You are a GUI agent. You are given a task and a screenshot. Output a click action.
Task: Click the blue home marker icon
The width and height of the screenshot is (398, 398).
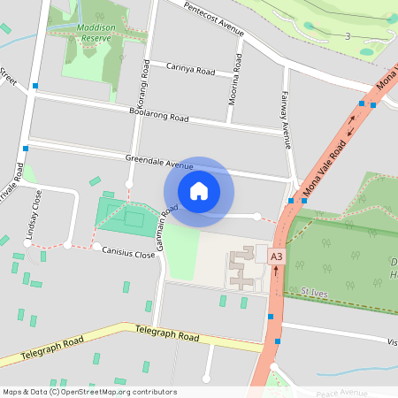click(199, 191)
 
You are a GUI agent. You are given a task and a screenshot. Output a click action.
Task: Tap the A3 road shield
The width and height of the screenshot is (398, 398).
click(277, 256)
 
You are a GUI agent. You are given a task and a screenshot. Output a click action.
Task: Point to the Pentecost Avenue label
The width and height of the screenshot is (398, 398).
click(213, 19)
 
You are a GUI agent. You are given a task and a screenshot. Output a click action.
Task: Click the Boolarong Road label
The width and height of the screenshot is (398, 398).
click(158, 116)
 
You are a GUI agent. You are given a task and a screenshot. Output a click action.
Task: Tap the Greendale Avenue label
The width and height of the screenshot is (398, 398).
click(158, 165)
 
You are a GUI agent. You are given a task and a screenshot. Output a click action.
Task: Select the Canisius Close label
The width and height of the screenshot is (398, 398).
click(128, 254)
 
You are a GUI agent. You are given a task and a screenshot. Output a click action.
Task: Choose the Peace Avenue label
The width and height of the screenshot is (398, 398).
click(353, 392)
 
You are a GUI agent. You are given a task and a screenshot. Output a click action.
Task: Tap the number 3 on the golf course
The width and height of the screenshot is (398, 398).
click(348, 36)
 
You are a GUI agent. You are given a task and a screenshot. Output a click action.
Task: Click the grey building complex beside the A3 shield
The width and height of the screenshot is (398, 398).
click(241, 269)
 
